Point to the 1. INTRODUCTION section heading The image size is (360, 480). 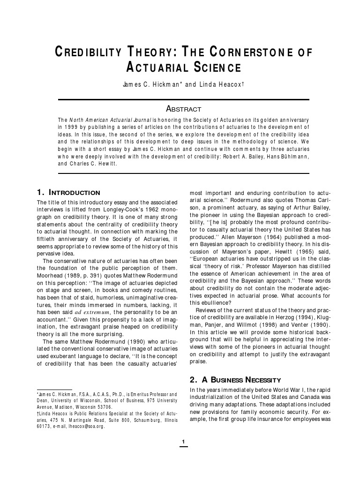pos(68,193)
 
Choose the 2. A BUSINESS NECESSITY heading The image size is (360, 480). pos(235,380)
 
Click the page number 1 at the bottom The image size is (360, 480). pos(183,442)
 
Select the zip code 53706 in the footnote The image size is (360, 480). pos(102,407)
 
